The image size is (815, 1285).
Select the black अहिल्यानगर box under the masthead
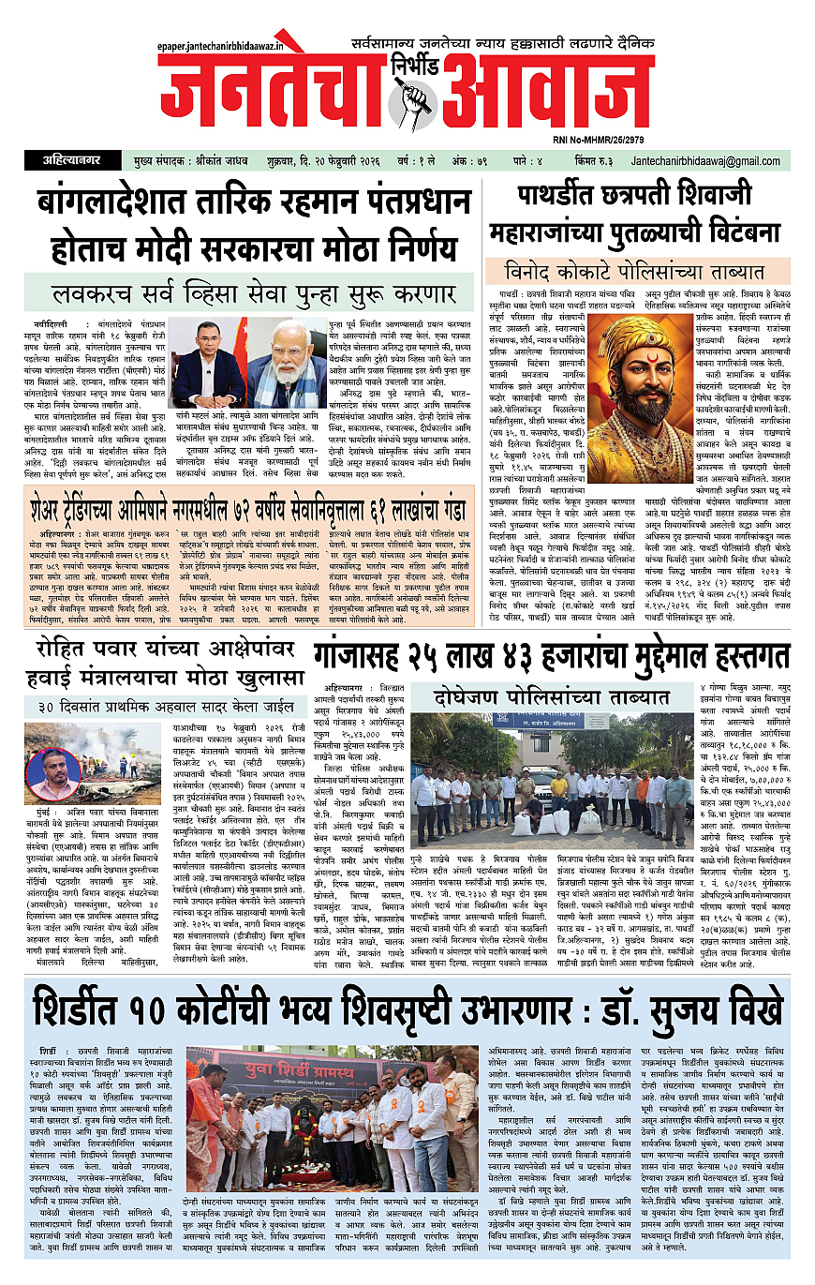coord(65,161)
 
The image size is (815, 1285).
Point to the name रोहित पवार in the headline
coord(87,623)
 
